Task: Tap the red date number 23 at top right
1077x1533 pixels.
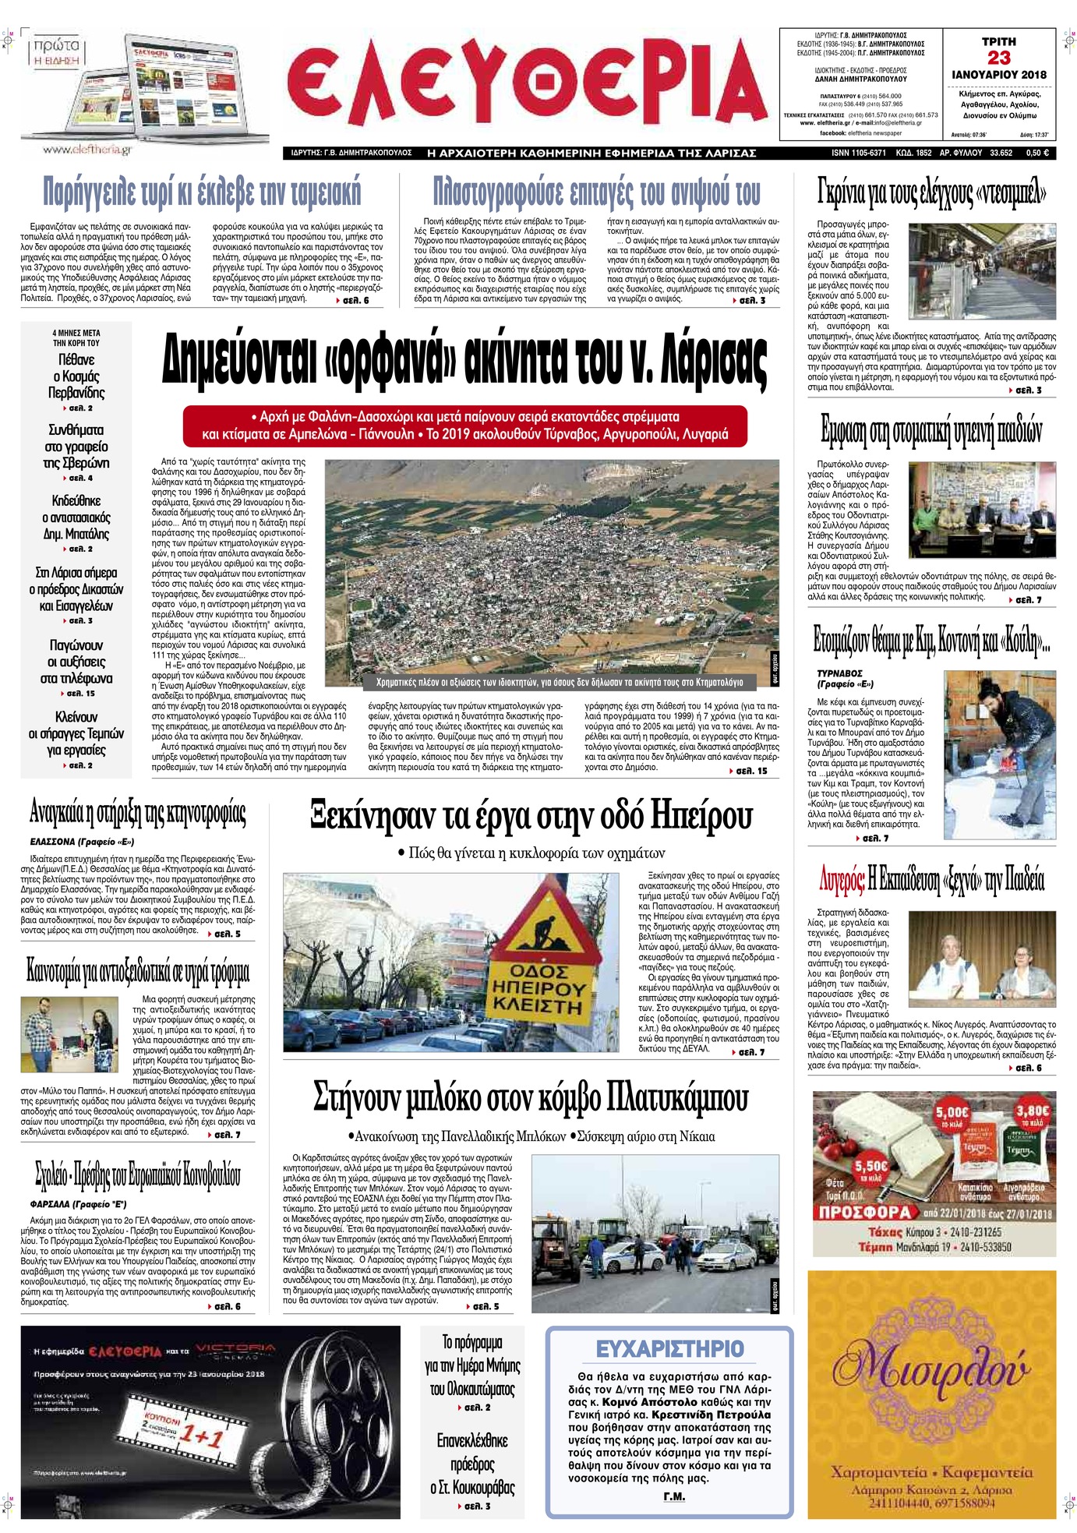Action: (x=998, y=58)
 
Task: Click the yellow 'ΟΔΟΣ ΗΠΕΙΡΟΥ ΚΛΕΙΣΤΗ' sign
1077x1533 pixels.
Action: (x=537, y=989)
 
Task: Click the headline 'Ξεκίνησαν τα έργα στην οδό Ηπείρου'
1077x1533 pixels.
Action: (x=531, y=816)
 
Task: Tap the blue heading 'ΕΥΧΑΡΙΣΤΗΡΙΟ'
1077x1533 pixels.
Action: (x=669, y=1349)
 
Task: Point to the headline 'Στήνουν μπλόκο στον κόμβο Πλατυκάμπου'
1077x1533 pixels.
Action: (x=531, y=1097)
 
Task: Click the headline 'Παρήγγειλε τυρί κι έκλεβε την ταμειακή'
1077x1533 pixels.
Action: (x=202, y=190)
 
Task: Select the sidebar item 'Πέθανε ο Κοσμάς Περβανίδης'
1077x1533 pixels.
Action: (x=76, y=376)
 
